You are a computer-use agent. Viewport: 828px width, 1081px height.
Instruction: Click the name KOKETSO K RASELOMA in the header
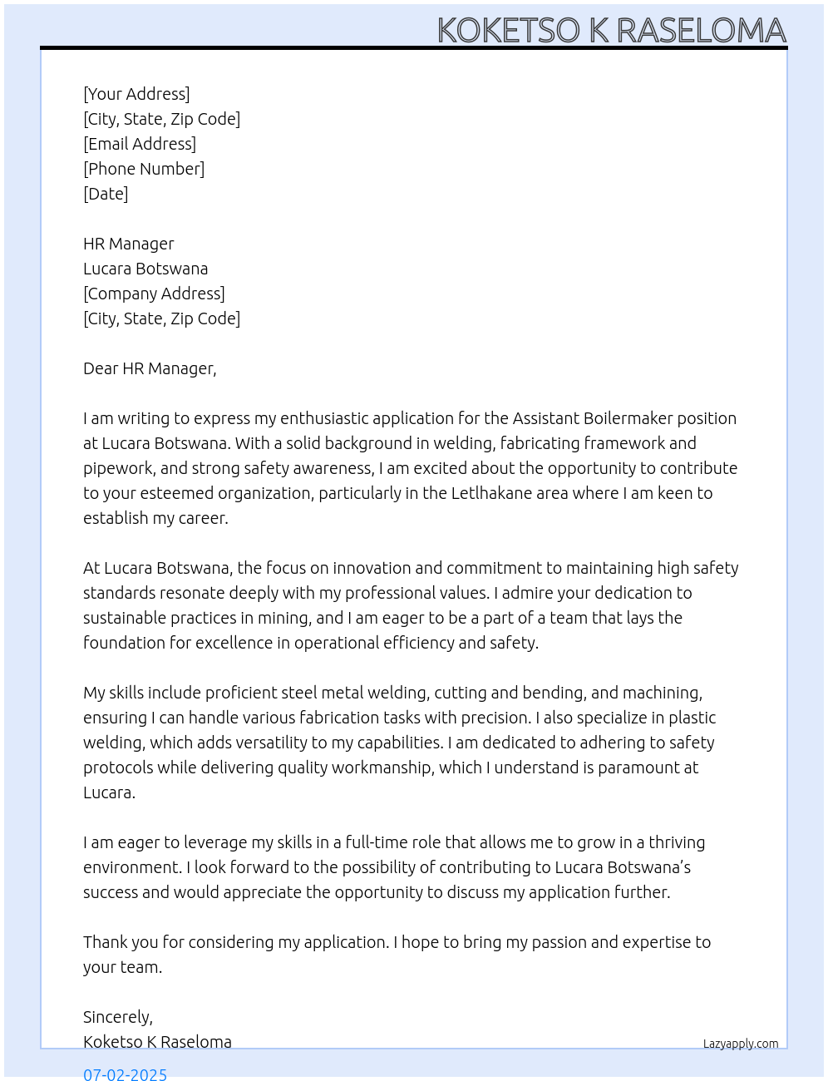[x=611, y=30]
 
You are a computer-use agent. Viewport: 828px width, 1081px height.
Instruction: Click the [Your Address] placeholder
[x=136, y=94]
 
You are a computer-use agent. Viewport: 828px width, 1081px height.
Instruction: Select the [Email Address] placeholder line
[x=140, y=144]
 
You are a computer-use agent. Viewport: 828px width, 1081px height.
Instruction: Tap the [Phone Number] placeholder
[x=144, y=169]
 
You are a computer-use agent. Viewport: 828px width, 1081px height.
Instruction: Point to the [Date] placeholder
[x=106, y=194]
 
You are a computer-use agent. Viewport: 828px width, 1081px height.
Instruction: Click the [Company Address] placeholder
[x=154, y=294]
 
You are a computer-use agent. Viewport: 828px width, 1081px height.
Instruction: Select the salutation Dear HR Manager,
[x=150, y=368]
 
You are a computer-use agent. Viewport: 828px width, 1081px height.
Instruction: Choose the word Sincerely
[x=117, y=1017]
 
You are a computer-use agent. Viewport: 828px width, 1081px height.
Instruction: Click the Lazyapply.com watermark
[x=741, y=1044]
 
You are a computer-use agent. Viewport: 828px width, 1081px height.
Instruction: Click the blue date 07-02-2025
[x=125, y=1074]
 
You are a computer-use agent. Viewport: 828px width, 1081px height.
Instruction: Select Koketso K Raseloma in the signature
[x=157, y=1042]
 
